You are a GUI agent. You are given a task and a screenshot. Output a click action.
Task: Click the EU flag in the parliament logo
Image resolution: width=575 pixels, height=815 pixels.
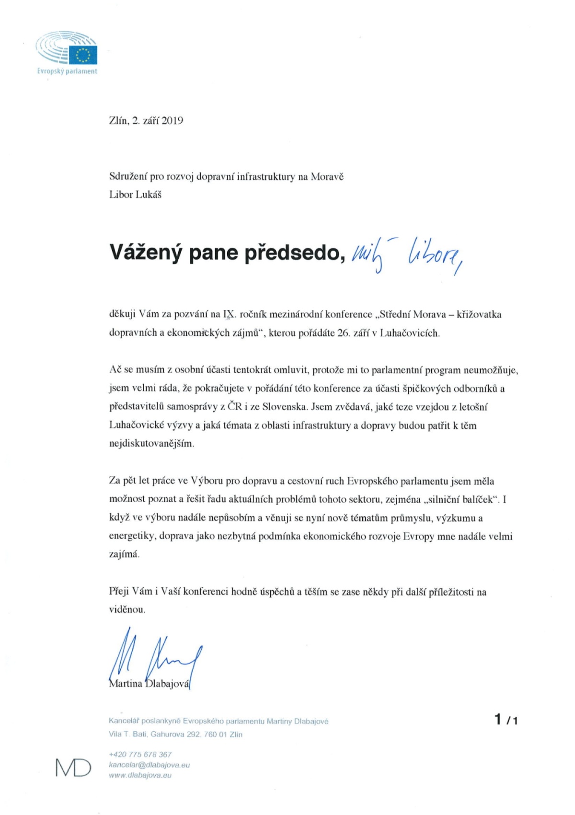point(83,55)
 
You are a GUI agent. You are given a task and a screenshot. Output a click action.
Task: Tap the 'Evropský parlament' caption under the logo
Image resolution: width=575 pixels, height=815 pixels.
point(67,71)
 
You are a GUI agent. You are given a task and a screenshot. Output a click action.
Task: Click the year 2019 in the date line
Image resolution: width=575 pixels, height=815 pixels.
point(172,121)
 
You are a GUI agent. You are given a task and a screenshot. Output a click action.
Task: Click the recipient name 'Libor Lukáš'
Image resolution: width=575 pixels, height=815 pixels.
point(135,195)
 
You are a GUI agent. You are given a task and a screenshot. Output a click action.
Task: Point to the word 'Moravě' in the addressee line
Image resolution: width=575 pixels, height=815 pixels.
point(327,176)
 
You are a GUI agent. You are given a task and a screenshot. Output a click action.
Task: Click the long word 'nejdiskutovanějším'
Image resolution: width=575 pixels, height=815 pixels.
point(152,444)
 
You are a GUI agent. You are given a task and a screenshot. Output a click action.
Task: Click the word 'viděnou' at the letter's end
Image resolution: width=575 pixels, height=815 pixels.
point(127,610)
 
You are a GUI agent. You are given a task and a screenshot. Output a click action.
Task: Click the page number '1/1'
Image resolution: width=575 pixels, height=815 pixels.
point(506,720)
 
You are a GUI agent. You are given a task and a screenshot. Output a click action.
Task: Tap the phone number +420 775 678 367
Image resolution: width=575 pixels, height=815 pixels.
point(140,754)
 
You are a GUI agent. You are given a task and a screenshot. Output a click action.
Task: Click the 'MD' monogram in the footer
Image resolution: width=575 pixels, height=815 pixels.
point(73,768)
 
